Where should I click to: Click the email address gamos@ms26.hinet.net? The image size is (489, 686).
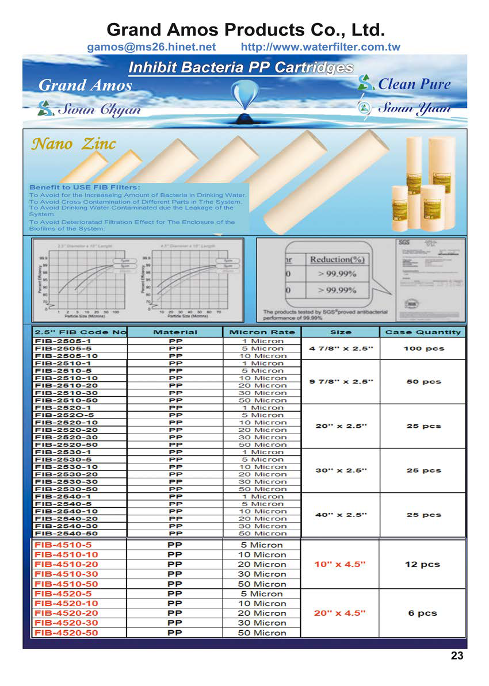pos(151,47)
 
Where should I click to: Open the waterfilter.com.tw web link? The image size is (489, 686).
pos(320,47)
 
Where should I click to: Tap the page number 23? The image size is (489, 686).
pos(457,656)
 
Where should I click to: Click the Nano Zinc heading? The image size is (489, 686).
pos(73,144)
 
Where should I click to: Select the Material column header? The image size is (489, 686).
pos(175,332)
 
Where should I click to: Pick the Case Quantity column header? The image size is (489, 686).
pos(423,332)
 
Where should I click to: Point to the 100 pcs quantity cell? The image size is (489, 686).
pos(423,348)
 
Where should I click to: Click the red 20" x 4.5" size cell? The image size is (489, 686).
pos(339,613)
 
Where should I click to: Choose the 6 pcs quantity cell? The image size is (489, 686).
pos(423,613)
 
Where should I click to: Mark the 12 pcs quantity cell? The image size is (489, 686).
pos(423,564)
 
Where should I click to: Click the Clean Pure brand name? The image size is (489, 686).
pos(414,84)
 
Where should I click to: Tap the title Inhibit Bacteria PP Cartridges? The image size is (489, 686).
pos(240,67)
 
